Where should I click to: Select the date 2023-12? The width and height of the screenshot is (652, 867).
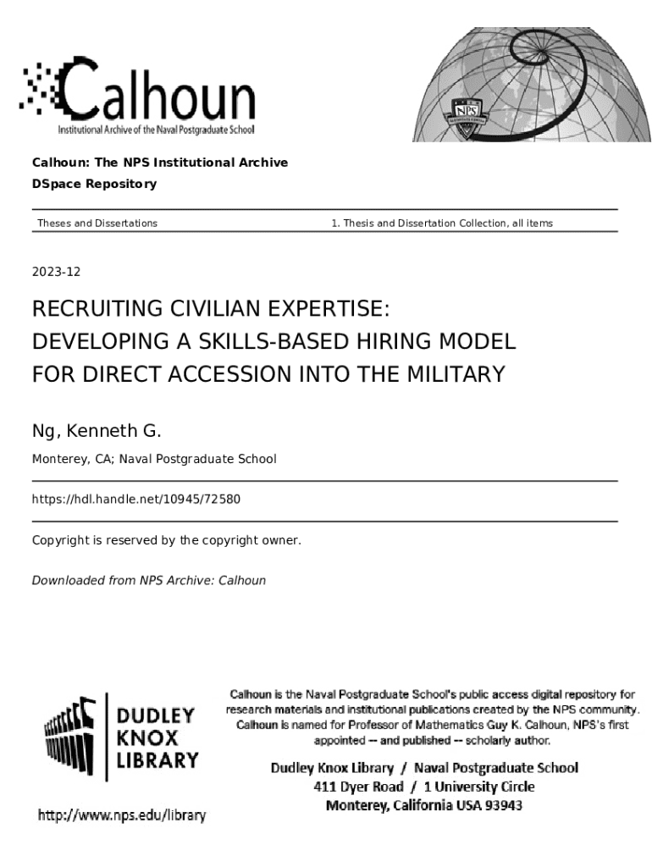(56, 272)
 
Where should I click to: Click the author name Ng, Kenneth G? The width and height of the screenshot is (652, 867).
(96, 431)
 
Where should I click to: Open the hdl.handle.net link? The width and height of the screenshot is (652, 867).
(136, 499)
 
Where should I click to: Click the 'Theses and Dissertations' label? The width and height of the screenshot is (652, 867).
(97, 223)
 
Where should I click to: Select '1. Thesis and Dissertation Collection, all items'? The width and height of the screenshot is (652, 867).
(442, 223)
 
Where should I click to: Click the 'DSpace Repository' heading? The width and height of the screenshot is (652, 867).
(94, 184)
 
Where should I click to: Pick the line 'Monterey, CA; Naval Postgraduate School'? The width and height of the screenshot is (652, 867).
(154, 459)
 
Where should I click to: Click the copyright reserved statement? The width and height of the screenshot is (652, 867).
(166, 539)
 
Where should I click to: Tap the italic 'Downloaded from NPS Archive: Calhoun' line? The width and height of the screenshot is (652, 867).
(148, 580)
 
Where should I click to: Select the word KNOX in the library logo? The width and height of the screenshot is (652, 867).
(144, 737)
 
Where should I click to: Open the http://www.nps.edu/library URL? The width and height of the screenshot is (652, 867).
(121, 815)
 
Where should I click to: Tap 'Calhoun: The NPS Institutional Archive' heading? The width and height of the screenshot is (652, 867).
(160, 162)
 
